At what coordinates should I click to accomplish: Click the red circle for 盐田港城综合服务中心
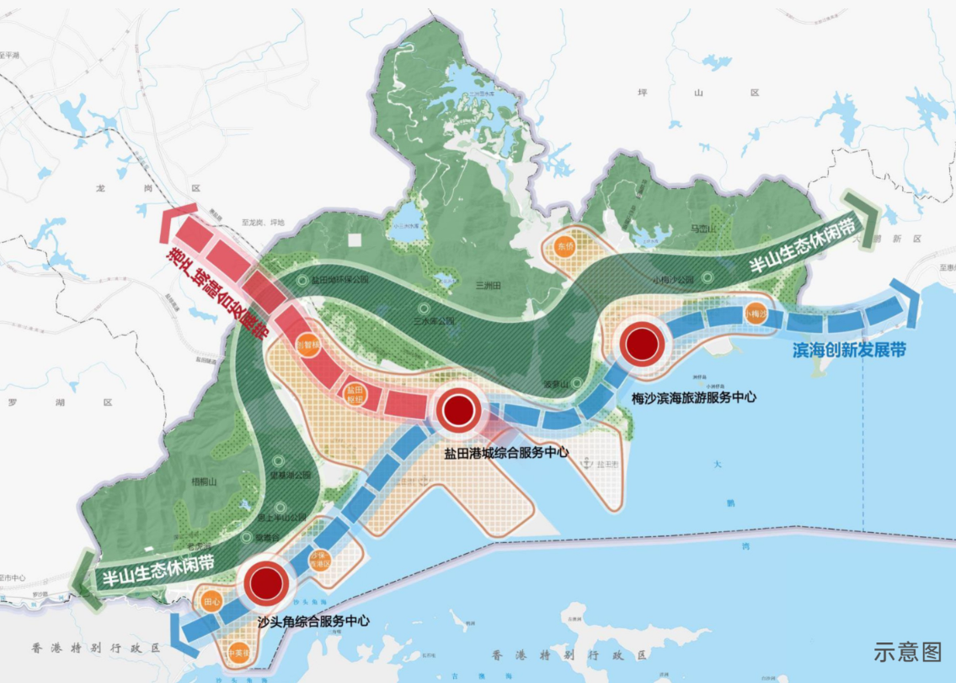(x=457, y=410)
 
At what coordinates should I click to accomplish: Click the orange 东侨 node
(x=564, y=245)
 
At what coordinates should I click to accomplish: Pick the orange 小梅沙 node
(x=756, y=314)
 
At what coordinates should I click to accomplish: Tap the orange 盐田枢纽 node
(x=355, y=393)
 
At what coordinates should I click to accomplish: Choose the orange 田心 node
(x=211, y=602)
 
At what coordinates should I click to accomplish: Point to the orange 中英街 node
(x=238, y=652)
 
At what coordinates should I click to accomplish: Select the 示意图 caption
(x=906, y=651)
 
